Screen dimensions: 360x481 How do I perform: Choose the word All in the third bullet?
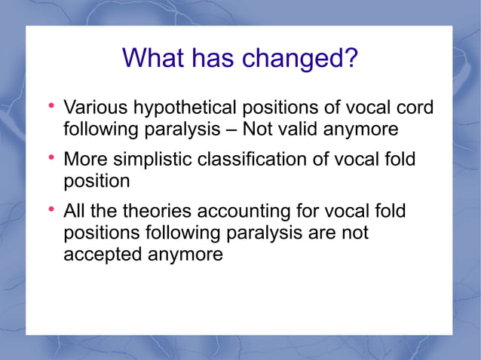click(x=75, y=212)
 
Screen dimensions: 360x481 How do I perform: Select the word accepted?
click(x=103, y=255)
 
